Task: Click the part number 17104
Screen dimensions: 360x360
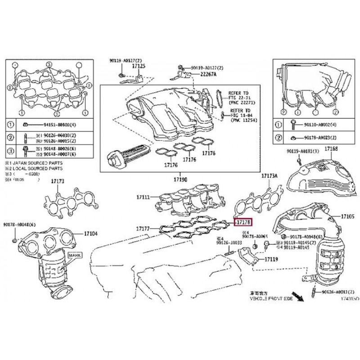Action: pyautogui.click(x=90, y=234)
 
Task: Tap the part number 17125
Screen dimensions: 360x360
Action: pyautogui.click(x=139, y=66)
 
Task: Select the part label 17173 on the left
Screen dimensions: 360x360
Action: pyautogui.click(x=58, y=181)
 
